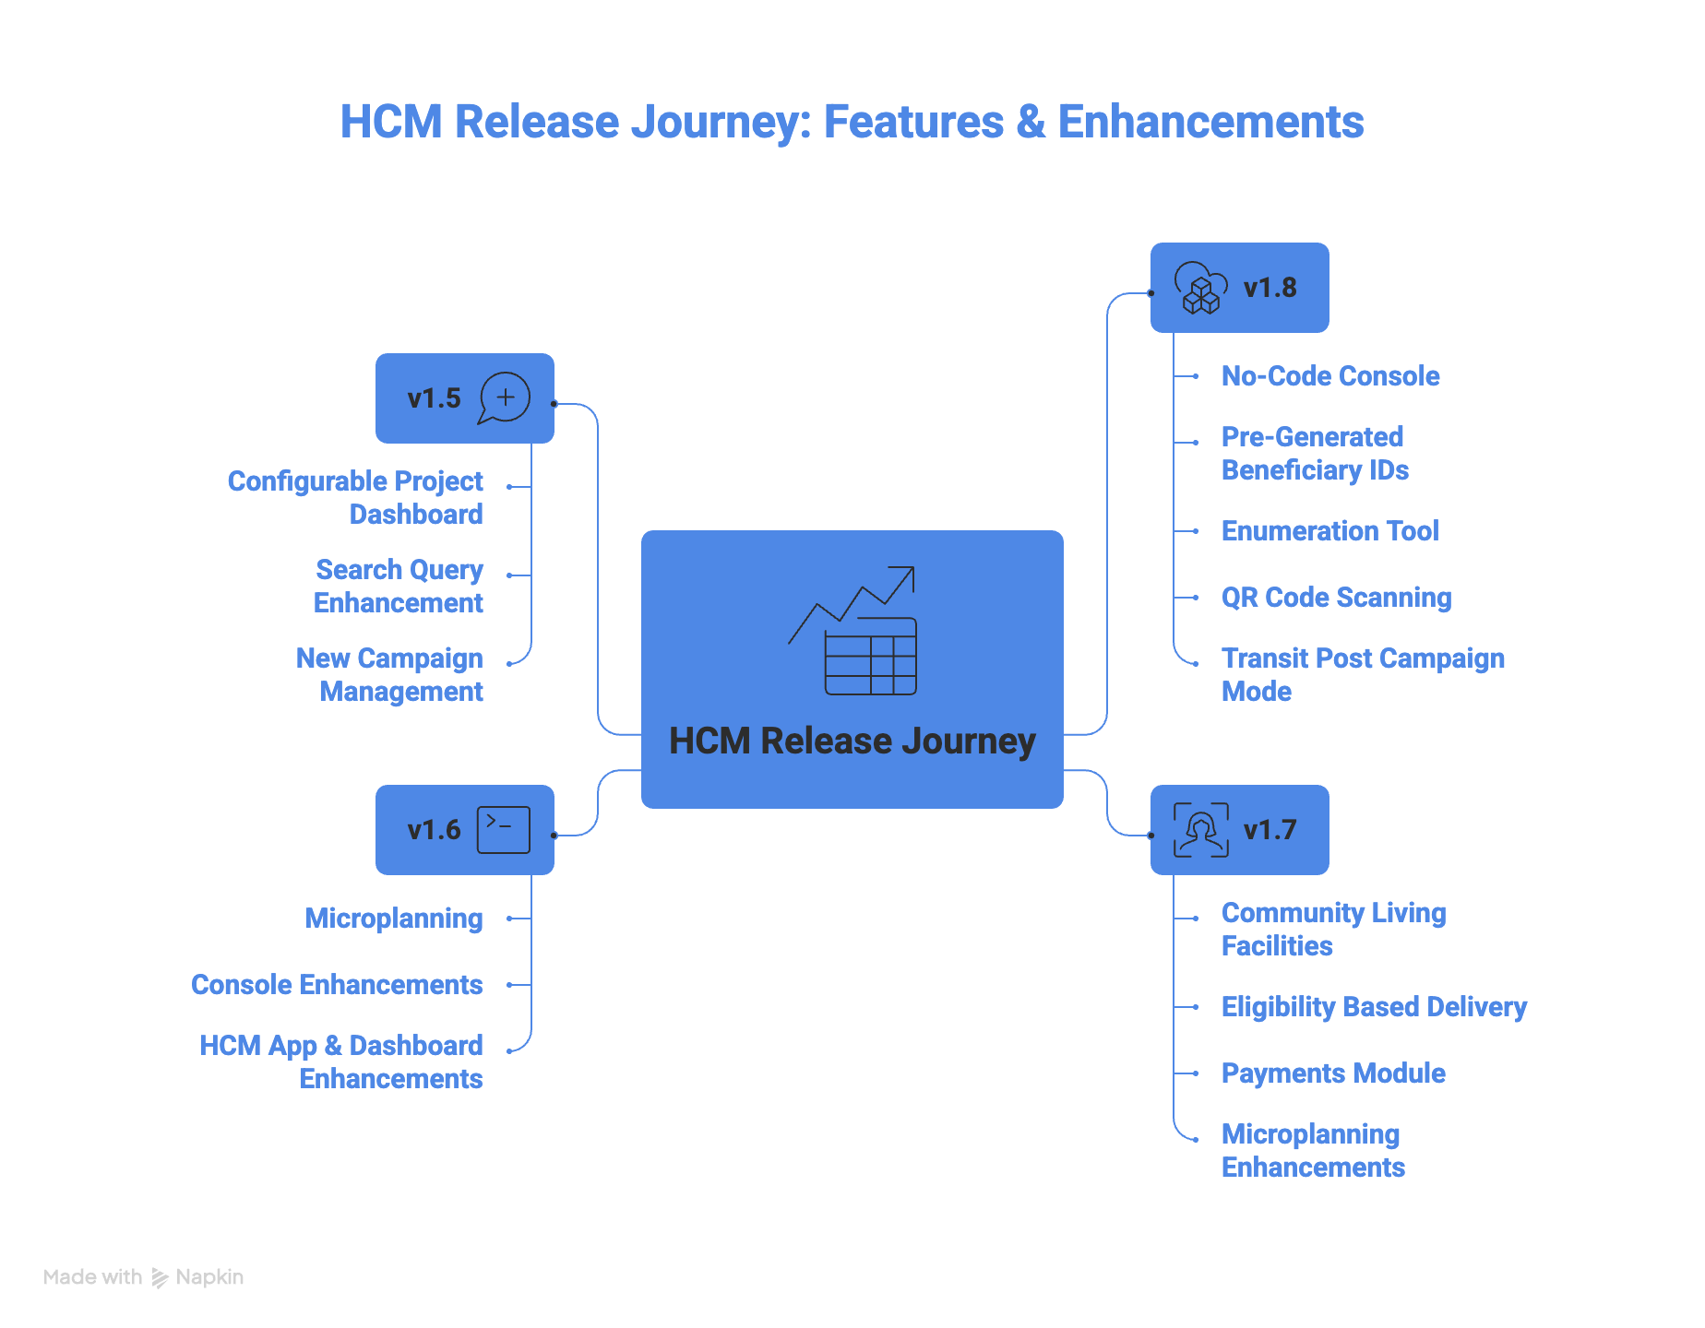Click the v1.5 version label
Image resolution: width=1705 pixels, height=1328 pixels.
click(434, 398)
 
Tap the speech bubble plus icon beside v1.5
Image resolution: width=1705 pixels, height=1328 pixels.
click(505, 397)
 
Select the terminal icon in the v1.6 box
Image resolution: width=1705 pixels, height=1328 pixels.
click(504, 829)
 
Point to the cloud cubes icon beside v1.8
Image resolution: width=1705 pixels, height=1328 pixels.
click(1200, 288)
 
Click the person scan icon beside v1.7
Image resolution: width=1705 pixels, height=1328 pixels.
click(1200, 830)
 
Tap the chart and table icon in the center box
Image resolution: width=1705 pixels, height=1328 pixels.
click(852, 631)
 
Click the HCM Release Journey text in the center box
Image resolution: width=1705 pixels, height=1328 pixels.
click(852, 741)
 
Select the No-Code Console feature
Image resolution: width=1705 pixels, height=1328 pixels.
click(1329, 376)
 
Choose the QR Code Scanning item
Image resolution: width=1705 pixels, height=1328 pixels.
click(1336, 598)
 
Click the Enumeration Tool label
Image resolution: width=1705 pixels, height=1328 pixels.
click(1329, 531)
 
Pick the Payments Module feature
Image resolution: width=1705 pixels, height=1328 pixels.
click(1333, 1073)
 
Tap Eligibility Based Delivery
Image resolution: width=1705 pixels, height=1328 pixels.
click(1374, 1007)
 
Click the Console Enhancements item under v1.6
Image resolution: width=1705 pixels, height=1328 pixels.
click(337, 985)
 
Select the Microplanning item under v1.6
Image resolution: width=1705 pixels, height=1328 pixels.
click(394, 919)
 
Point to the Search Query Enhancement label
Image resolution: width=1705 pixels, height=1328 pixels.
click(399, 587)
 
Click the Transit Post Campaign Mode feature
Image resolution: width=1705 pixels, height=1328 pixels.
click(1362, 674)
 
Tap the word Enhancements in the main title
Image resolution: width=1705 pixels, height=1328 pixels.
click(1210, 122)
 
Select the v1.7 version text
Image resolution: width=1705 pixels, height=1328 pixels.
click(1270, 830)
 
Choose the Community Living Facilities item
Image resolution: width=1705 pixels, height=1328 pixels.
click(1333, 930)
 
